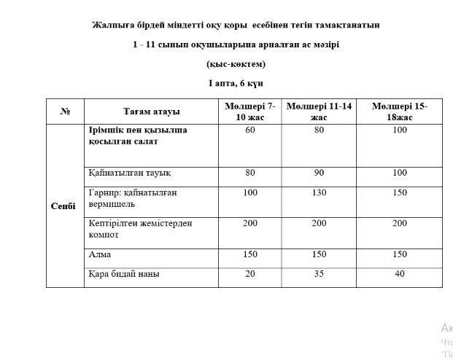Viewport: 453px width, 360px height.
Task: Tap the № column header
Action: pos(65,111)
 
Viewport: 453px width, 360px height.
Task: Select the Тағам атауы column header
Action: pos(151,111)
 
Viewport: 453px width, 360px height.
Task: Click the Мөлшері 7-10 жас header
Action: pos(250,111)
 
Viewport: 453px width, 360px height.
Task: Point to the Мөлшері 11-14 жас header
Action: pos(319,111)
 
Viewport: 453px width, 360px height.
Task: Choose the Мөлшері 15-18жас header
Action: pos(399,111)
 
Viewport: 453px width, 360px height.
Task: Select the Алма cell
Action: pos(100,254)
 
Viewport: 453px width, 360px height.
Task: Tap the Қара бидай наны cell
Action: pos(124,274)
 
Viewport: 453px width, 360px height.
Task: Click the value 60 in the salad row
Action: pos(250,130)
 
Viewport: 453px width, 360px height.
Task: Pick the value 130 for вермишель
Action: pos(319,192)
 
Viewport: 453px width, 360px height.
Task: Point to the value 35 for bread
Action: pos(319,274)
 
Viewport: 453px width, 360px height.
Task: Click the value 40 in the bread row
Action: pos(399,274)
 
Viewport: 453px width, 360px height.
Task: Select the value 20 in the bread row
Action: pos(250,274)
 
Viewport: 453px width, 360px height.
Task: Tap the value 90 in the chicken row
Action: pos(319,173)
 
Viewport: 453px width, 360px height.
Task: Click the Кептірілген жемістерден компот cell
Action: pos(139,229)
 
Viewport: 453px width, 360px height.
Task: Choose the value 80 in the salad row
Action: pos(319,130)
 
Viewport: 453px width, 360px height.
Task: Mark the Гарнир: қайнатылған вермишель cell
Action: pos(132,198)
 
